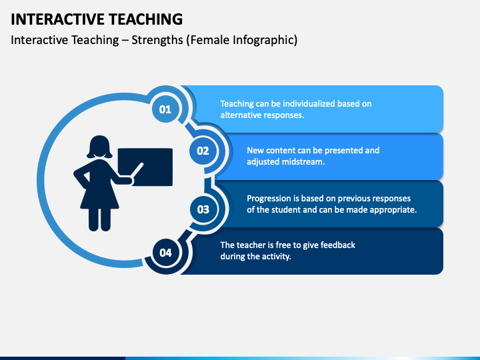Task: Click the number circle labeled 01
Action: coord(165,109)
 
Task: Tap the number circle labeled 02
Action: coord(203,151)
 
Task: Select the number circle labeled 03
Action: coord(203,209)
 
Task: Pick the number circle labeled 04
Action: coord(165,253)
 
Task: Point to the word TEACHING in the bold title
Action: coord(146,19)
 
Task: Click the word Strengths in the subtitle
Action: coord(157,40)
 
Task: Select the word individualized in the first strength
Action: coord(309,104)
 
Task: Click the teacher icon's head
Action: coord(99,147)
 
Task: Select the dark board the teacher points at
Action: coord(145,167)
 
